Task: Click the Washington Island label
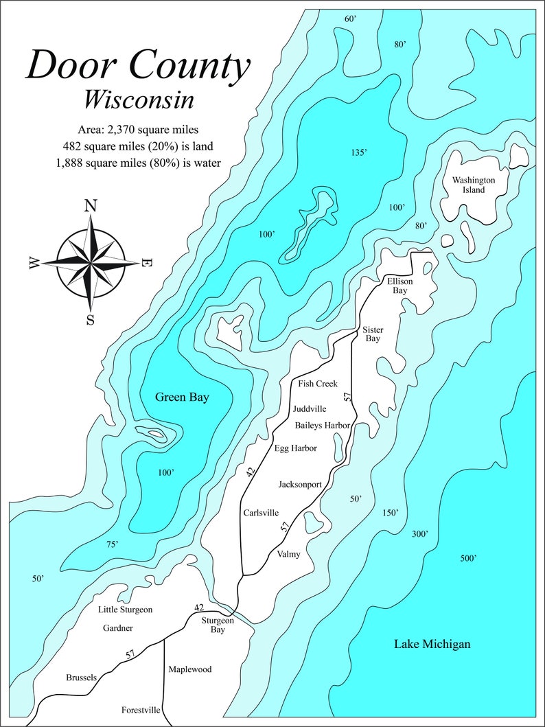click(x=474, y=185)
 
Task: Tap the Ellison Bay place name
click(x=398, y=286)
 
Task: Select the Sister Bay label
click(x=373, y=334)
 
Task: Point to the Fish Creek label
click(x=318, y=384)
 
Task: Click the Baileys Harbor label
click(x=323, y=426)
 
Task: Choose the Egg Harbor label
click(x=295, y=449)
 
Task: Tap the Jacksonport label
click(x=300, y=485)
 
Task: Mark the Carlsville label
click(x=261, y=513)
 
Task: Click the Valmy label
click(x=288, y=555)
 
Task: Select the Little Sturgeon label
click(x=125, y=610)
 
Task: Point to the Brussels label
click(x=81, y=678)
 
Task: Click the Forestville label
click(x=141, y=711)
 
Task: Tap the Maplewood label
click(x=189, y=669)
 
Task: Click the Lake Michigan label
click(x=432, y=644)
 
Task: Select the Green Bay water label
click(x=182, y=397)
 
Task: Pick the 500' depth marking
click(x=468, y=559)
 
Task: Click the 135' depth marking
click(x=359, y=152)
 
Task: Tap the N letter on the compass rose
click(x=90, y=205)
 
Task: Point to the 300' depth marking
click(x=420, y=534)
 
